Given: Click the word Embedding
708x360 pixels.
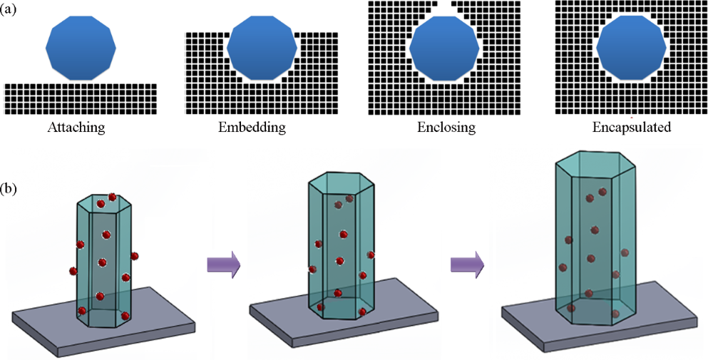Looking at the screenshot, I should click(x=252, y=129).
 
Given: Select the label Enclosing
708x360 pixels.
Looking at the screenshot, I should click(x=446, y=129).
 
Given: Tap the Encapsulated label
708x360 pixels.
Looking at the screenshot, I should click(x=632, y=129).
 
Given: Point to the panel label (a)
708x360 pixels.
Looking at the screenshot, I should click(x=11, y=11).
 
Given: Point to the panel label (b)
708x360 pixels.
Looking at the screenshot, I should click(x=11, y=190).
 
